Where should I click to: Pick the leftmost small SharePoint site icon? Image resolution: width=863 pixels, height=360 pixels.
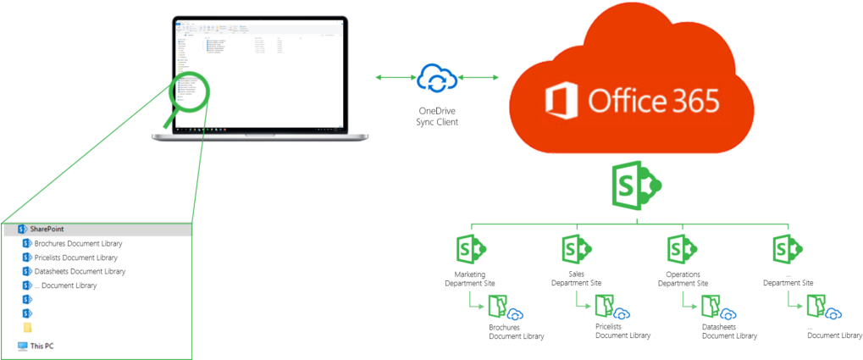471,249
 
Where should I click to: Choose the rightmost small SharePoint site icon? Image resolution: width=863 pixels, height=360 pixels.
788,249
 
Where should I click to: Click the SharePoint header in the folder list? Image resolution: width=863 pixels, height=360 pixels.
47,229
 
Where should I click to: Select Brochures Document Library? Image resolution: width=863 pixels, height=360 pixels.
76,243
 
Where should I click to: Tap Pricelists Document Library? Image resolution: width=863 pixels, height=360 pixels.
76,258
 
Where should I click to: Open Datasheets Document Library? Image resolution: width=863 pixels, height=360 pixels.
80,271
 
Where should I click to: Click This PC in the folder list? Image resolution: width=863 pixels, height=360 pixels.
42,346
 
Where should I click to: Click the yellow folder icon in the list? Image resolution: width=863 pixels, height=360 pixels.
27,327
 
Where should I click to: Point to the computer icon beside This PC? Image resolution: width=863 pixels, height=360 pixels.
22,346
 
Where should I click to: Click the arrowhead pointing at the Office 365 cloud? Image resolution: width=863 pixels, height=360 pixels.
495,79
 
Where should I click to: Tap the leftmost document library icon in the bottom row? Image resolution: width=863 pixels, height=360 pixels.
497,306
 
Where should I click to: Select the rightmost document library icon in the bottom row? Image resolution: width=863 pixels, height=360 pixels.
816,306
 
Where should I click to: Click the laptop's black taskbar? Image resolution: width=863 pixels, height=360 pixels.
259,131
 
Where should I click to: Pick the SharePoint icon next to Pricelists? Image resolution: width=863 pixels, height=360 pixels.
27,258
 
